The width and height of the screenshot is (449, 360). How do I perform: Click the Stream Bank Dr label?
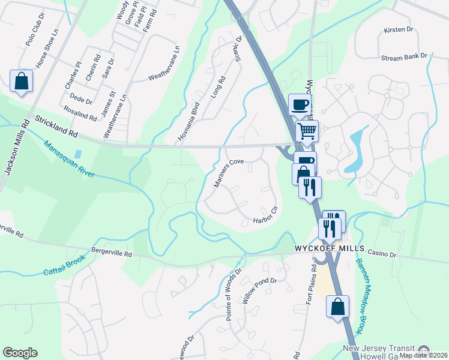pyautogui.click(x=403, y=56)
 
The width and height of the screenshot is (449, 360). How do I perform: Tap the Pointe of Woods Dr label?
pyautogui.click(x=234, y=294)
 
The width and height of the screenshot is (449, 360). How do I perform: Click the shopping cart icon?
pyautogui.click(x=307, y=130)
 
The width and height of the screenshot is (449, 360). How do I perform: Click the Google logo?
pyautogui.click(x=20, y=353)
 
